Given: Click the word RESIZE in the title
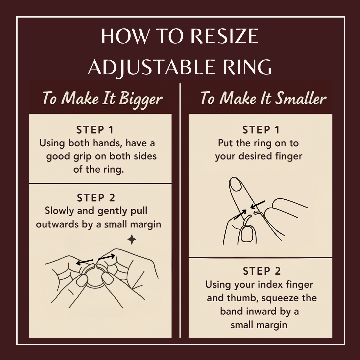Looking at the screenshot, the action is pyautogui.click(x=225, y=36).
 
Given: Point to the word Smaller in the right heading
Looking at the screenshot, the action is pyautogui.click(x=301, y=98).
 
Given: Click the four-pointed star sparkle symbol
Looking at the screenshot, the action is pyautogui.click(x=132, y=240).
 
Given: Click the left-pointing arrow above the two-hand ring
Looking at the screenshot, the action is pyautogui.click(x=84, y=262).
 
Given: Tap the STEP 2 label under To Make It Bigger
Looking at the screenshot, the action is pyautogui.click(x=96, y=198).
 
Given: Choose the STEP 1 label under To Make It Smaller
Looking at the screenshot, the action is pyautogui.click(x=261, y=130).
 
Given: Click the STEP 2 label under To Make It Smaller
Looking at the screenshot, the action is pyautogui.click(x=262, y=271).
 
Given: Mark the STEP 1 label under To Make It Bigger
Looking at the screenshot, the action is pyautogui.click(x=95, y=130).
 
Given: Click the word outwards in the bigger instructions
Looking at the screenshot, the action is pyautogui.click(x=58, y=224).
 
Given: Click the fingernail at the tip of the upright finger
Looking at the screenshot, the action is pyautogui.click(x=236, y=184).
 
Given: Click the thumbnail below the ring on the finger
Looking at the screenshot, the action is pyautogui.click(x=247, y=234).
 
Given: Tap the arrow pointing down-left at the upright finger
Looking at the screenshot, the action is pyautogui.click(x=258, y=205).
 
